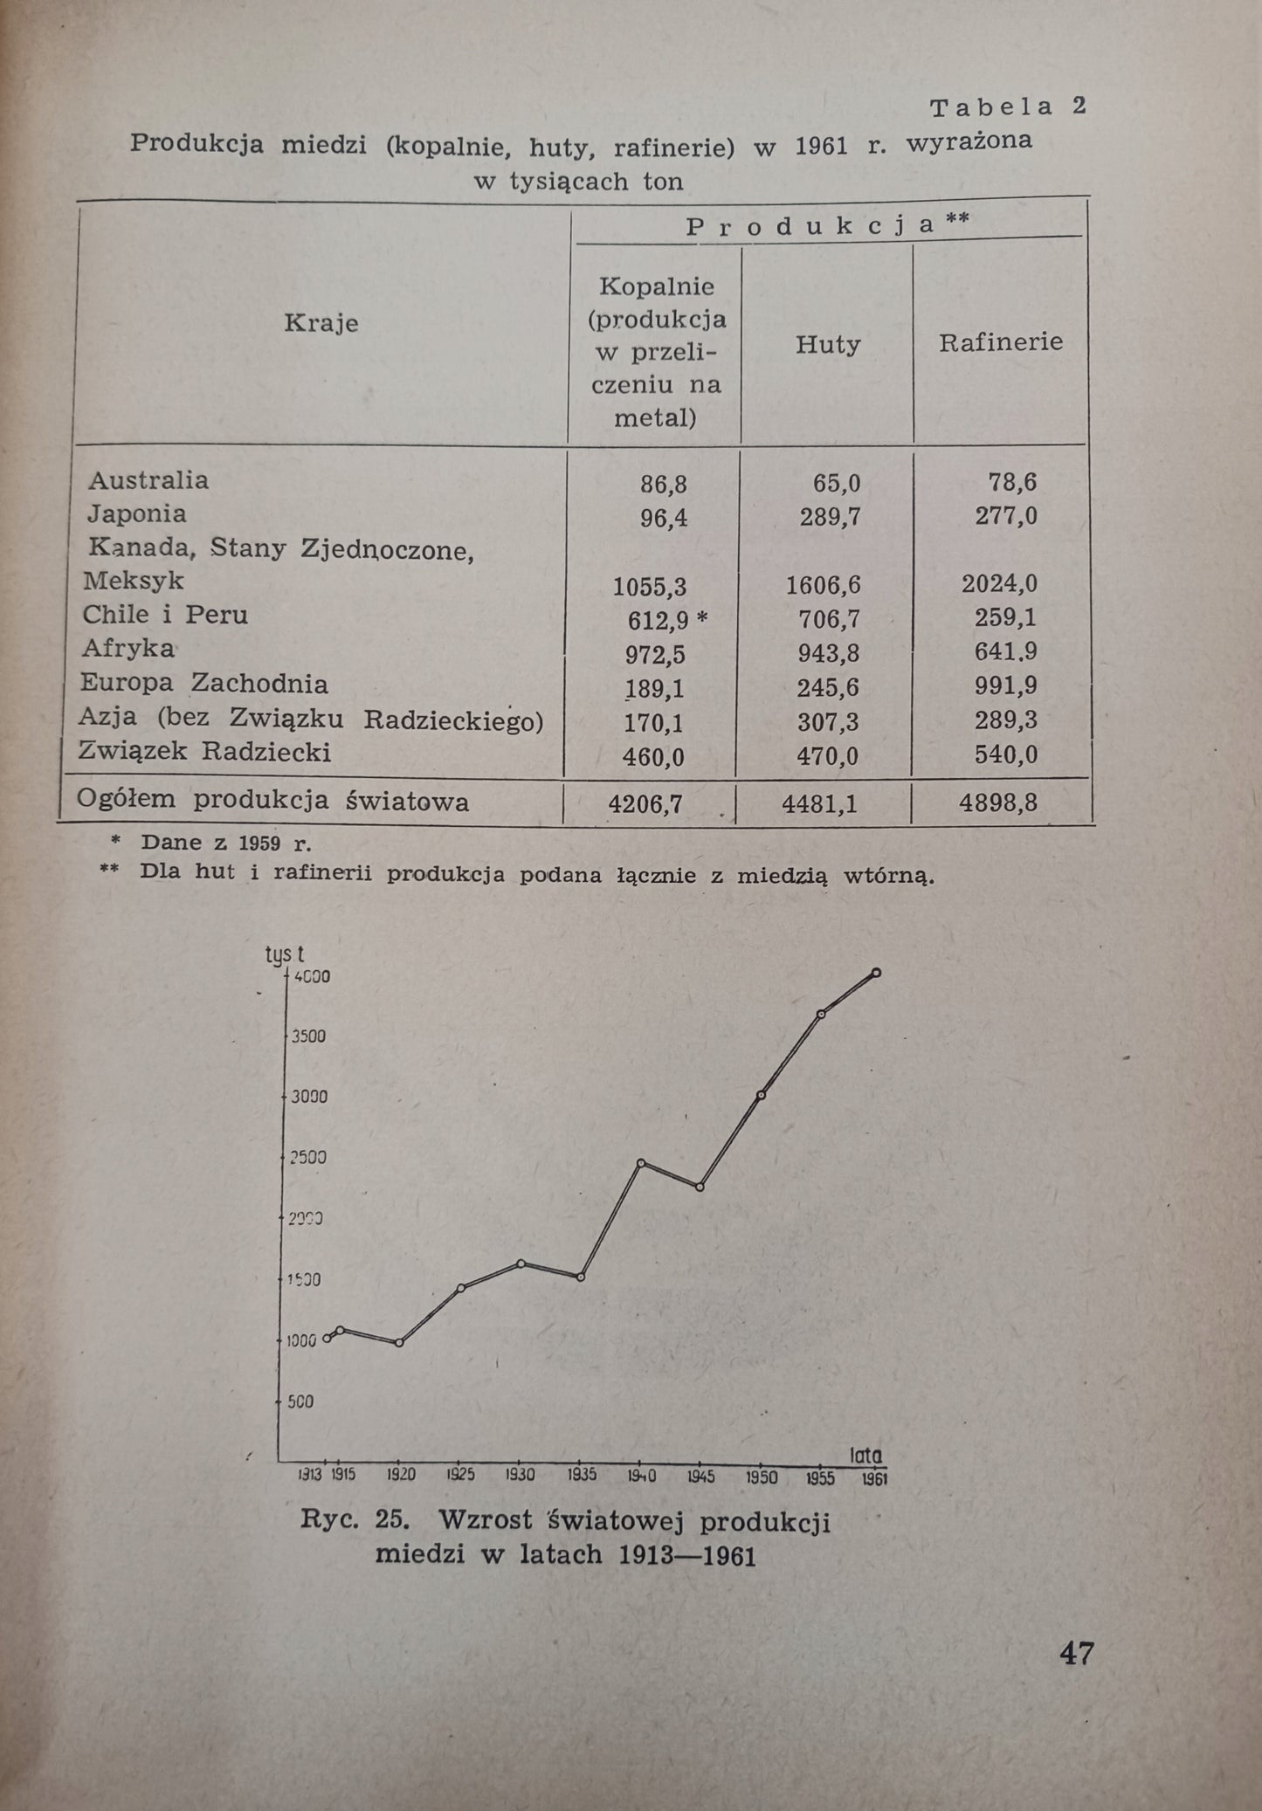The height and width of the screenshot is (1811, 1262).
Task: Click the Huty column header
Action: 827,345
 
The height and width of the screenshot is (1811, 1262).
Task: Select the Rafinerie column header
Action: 1001,342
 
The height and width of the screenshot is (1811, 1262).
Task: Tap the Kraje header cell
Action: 321,323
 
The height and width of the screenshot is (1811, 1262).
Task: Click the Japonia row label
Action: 136,513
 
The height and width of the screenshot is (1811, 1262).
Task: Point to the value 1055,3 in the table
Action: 650,586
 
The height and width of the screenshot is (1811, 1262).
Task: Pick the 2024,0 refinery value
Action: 999,583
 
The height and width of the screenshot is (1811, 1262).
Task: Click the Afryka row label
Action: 128,648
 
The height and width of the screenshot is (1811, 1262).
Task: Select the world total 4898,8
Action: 998,802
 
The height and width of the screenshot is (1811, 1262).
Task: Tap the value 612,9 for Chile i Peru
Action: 658,620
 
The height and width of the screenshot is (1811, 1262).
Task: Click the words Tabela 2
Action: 1007,107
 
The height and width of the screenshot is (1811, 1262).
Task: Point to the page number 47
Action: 1076,1654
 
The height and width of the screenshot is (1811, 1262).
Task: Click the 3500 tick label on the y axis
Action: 308,1036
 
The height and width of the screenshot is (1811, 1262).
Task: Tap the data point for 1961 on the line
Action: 876,973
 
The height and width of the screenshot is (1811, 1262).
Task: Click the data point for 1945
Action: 700,1187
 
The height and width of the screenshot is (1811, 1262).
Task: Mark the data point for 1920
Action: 399,1342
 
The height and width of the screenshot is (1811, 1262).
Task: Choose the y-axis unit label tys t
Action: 285,956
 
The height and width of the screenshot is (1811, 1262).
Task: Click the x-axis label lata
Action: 865,1455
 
